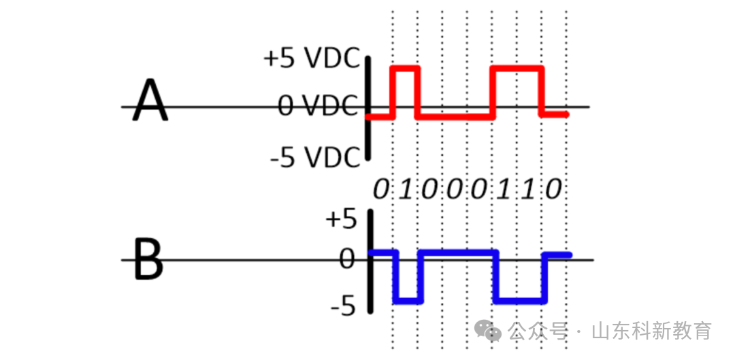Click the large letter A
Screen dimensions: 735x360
point(150,100)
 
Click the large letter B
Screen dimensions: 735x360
point(148,259)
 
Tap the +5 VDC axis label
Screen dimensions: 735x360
point(312,59)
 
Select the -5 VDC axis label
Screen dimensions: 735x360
point(314,157)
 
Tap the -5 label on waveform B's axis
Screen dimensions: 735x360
point(342,307)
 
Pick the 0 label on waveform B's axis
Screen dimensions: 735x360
point(348,259)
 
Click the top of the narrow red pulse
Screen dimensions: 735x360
point(405,67)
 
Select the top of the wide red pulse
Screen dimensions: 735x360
point(517,67)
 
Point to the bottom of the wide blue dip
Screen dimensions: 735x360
point(521,301)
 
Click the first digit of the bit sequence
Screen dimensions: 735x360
point(381,189)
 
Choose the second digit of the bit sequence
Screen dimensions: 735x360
point(406,189)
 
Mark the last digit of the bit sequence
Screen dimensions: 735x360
point(554,189)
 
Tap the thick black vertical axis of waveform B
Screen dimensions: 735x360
point(371,261)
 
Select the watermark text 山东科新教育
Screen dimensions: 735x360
point(651,331)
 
